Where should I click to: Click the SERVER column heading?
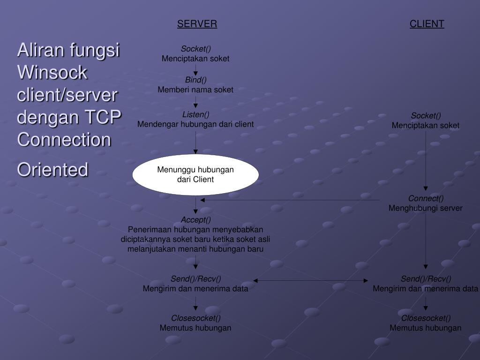click(197, 24)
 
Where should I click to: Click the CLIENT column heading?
click(427, 24)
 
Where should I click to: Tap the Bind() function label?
click(195, 80)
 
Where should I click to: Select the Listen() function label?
click(195, 114)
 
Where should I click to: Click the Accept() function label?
click(195, 219)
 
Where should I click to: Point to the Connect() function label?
click(426, 198)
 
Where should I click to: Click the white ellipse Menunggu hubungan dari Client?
click(195, 174)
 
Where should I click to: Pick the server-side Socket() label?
click(195, 49)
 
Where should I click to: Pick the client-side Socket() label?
click(426, 116)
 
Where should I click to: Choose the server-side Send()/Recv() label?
click(195, 279)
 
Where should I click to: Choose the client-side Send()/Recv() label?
click(426, 279)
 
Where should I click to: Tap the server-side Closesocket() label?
click(195, 318)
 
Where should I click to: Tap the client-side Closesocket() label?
click(426, 318)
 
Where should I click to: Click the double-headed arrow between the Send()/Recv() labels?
click(311, 280)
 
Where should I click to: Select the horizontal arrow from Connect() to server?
click(291, 200)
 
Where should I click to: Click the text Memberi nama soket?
click(195, 90)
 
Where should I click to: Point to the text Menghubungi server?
click(426, 208)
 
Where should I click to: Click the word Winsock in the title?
click(52, 73)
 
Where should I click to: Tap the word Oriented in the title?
click(52, 170)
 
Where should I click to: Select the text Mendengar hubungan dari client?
click(195, 124)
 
